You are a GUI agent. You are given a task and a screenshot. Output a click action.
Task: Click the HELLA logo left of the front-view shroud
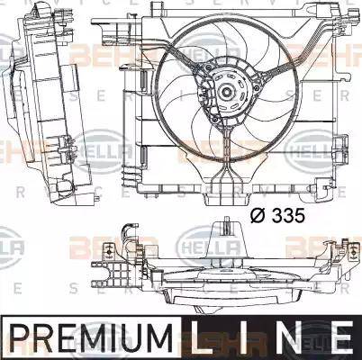coord(99,144)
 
